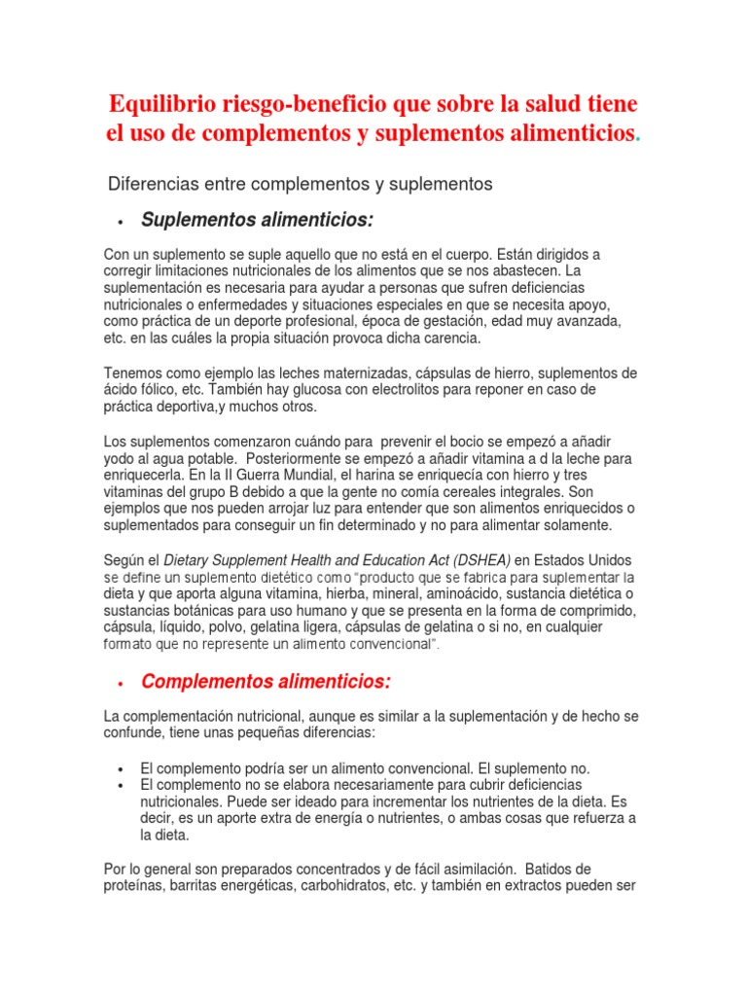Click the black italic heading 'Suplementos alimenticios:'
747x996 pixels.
[x=257, y=221]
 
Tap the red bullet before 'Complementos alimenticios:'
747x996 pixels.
[x=119, y=684]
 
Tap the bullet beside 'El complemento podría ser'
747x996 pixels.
[x=119, y=768]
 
